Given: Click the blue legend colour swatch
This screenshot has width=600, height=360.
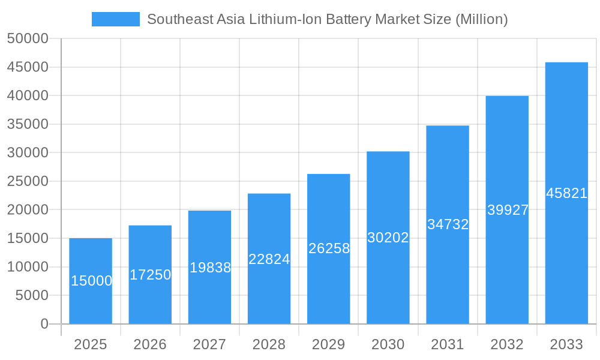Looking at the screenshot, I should tap(115, 19).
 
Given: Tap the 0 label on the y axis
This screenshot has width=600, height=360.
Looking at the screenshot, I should tap(44, 324).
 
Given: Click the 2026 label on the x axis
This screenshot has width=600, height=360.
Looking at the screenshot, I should tap(150, 344).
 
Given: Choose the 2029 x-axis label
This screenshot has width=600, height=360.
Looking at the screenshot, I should tap(328, 344).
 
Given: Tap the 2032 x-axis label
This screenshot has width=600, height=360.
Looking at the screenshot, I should tap(507, 344).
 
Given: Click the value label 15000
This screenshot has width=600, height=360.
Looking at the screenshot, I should tap(91, 281).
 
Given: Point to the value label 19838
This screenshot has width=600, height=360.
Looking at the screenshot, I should tap(210, 268).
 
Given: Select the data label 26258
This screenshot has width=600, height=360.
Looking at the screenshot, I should tap(329, 248).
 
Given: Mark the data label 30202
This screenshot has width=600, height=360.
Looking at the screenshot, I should tap(388, 238).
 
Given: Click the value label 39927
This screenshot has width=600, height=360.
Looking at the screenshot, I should tap(508, 210).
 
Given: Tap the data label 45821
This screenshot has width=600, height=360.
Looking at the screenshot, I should tap(566, 193).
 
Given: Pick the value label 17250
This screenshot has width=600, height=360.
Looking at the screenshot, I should tap(150, 275).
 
